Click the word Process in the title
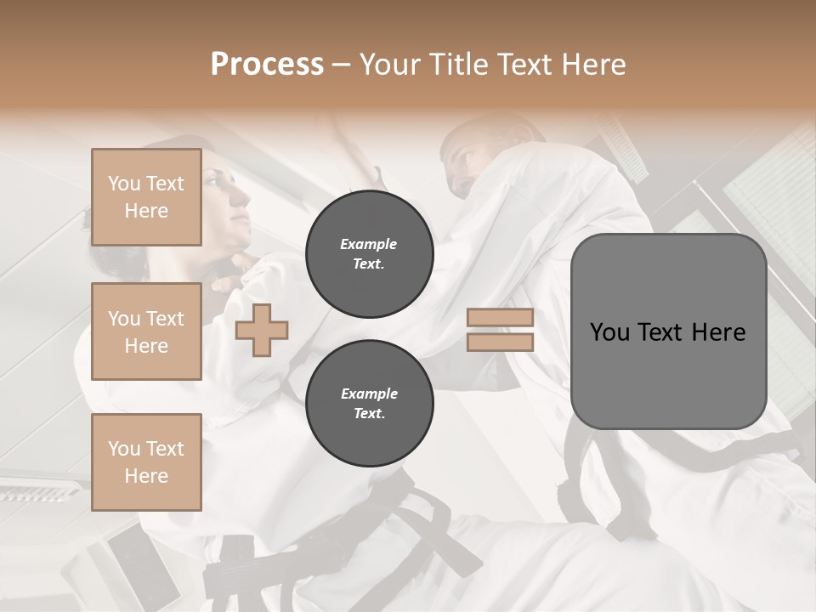267,65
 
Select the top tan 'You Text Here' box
146,197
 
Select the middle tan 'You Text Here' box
146,331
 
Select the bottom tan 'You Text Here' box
146,462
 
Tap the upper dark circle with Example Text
369,254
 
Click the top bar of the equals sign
500,318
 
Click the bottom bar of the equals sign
500,342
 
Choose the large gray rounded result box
668,331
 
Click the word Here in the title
595,65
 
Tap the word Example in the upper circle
369,244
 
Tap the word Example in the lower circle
369,394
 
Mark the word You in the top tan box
124,184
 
